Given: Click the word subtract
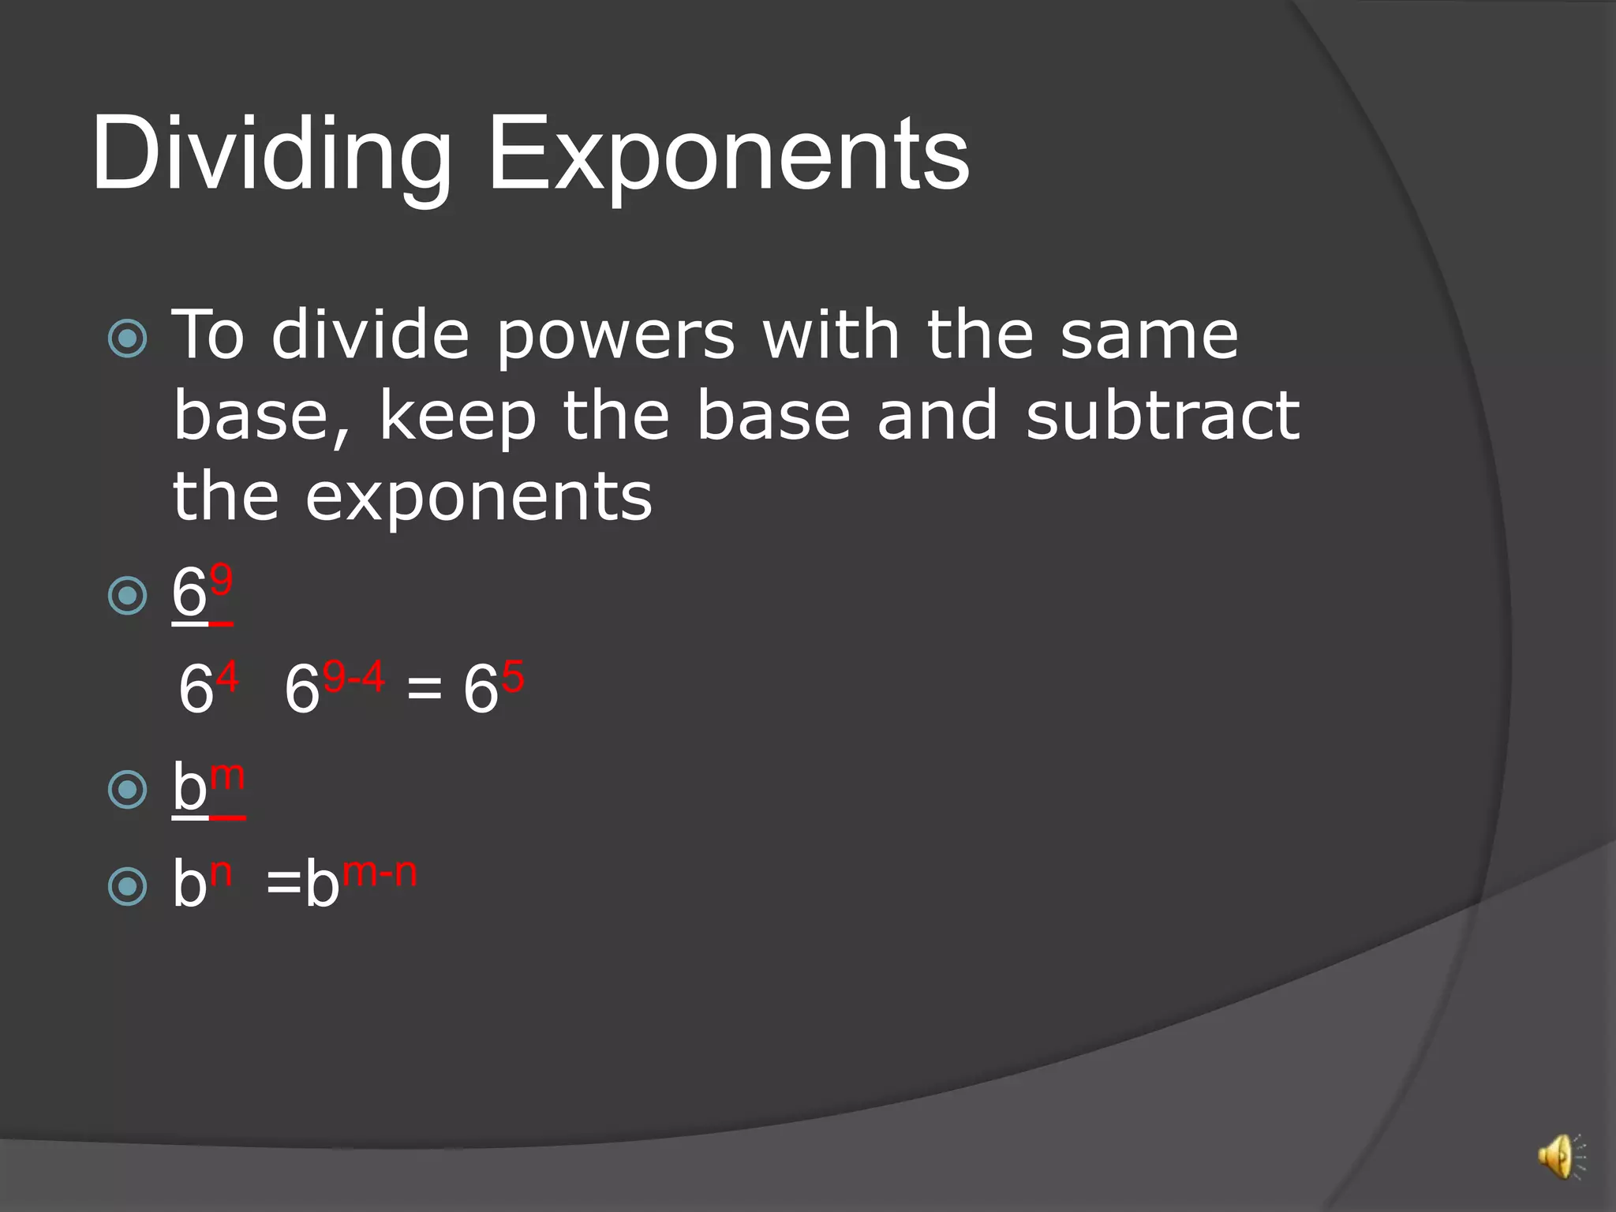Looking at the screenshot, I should tap(1161, 417).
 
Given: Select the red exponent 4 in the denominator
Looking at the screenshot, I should tap(227, 676).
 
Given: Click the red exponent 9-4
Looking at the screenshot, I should tap(353, 676).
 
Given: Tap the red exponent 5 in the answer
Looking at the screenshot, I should tap(513, 676).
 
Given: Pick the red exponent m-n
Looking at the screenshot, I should tap(380, 872).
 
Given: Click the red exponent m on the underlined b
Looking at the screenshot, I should tap(228, 776).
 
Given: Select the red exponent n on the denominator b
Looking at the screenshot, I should tap(221, 872).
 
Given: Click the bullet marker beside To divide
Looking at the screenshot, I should tap(127, 339).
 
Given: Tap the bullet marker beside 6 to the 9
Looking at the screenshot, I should tap(127, 595).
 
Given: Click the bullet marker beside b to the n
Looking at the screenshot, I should tap(127, 885).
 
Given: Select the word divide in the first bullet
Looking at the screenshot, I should tap(370, 336).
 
